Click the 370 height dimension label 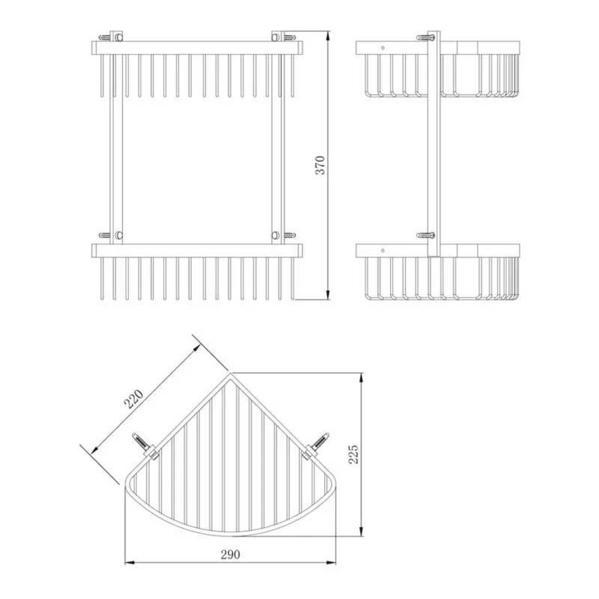click(320, 165)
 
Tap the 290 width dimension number click(231, 554)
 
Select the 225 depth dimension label click(353, 454)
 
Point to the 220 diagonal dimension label click(133, 399)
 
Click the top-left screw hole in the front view click(119, 37)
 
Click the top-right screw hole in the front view click(275, 37)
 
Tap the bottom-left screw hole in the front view click(119, 235)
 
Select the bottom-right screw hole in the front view click(275, 235)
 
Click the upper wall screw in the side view click(425, 37)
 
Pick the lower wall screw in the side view click(425, 235)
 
